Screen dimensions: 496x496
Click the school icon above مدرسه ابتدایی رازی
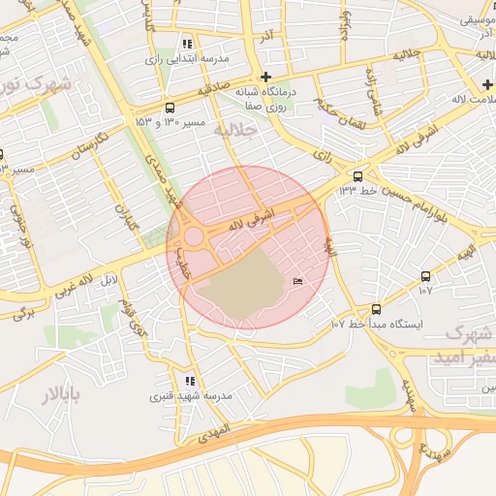pos(187,44)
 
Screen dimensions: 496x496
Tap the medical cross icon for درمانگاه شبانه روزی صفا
pos(265,77)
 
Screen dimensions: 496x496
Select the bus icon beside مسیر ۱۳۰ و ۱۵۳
pos(170,108)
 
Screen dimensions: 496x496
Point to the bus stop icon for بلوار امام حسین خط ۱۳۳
pos(358,175)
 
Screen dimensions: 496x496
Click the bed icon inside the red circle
pos(297,281)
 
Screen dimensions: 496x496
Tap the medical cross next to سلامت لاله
pos(487,84)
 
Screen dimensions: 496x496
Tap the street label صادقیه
pos(217,89)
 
